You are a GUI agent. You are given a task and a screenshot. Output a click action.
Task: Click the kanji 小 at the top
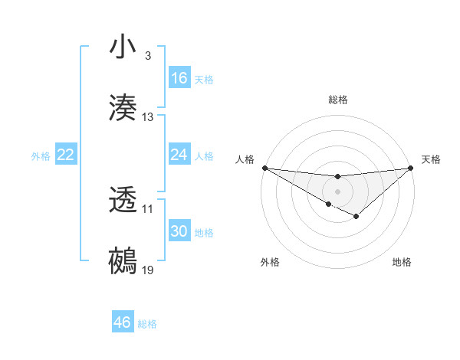coord(123,47)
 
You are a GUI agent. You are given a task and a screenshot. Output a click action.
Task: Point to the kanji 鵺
coord(123,261)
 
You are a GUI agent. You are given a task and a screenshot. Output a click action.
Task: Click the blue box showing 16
coord(179,78)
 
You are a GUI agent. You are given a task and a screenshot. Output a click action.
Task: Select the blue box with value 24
coord(179,155)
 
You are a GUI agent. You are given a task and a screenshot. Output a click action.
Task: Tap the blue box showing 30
coord(179,231)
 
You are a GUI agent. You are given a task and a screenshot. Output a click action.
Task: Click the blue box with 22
coord(66,155)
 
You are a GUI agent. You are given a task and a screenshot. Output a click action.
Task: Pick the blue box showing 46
coord(123,322)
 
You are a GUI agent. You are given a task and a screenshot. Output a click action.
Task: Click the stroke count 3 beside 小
coord(147,56)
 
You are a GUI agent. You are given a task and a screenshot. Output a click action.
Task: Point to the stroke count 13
coord(148,117)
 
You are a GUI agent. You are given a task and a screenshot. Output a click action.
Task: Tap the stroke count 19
coord(148,270)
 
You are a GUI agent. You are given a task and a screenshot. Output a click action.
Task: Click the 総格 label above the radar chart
coord(337,100)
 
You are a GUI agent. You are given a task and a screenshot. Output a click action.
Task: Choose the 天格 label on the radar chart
coord(431,159)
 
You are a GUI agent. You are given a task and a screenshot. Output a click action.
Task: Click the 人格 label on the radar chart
coord(244,159)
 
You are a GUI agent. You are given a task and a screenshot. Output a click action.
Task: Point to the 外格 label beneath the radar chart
coord(270,262)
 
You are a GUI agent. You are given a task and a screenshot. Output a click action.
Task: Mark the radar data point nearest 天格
coord(412,168)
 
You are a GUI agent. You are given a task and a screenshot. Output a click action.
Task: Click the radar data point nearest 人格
coord(264,168)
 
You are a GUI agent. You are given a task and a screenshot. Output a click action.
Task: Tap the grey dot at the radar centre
coord(337,191)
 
